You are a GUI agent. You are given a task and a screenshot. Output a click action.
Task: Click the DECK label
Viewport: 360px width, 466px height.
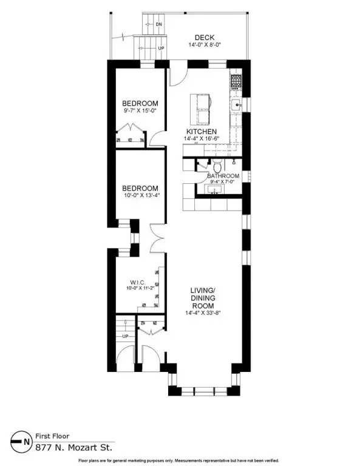(x=205, y=38)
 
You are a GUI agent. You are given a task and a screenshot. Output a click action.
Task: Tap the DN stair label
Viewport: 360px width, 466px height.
(x=159, y=24)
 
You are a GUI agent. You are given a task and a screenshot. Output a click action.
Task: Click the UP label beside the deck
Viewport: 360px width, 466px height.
(x=161, y=48)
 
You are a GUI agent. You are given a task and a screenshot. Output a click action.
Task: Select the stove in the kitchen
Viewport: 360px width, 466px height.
(x=236, y=82)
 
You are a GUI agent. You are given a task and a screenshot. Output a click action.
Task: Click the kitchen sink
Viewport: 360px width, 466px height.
(x=237, y=105)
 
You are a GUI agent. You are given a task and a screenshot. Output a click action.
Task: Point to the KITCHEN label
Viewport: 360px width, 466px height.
(x=202, y=131)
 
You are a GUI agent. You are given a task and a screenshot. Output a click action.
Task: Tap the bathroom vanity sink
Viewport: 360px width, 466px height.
(x=214, y=189)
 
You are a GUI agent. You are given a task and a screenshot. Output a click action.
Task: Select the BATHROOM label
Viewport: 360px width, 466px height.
(x=223, y=176)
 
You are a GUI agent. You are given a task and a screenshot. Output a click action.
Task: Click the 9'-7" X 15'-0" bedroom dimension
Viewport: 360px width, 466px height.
(x=140, y=110)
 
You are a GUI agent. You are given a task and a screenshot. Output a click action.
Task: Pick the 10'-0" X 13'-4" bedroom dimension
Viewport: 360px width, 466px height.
(x=140, y=195)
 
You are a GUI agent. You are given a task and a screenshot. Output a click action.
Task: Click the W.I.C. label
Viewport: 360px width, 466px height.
(x=138, y=282)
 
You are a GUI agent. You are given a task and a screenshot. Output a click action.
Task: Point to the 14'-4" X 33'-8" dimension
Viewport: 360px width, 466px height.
(x=203, y=312)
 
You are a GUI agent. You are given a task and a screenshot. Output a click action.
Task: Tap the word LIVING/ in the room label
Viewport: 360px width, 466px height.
(x=203, y=290)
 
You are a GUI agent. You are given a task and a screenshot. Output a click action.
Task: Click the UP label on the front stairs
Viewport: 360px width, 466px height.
(x=126, y=336)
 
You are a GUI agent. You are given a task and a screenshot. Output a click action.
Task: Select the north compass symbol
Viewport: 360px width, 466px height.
(x=21, y=442)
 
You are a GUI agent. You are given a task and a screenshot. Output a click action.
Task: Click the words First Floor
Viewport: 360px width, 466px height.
(x=52, y=436)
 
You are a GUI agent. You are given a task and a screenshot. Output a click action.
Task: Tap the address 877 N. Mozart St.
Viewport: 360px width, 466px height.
(x=74, y=448)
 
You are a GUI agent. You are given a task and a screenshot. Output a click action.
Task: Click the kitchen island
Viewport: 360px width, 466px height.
(x=200, y=109)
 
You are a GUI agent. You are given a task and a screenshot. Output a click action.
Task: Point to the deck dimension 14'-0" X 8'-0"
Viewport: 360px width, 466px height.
(x=205, y=45)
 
